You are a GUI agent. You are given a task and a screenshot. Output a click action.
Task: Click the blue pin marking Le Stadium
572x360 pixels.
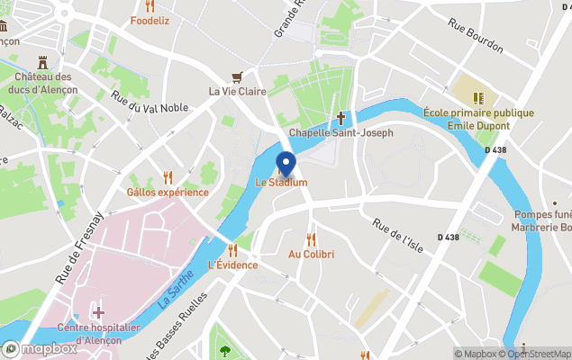click(286, 164)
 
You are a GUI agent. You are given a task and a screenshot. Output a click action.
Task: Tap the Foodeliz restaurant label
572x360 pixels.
click(150, 20)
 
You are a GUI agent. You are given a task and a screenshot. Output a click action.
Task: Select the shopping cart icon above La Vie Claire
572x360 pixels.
click(238, 76)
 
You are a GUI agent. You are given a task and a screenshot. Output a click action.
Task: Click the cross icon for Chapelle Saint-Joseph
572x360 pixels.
click(341, 118)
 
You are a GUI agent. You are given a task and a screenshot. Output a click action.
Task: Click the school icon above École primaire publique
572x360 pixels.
click(479, 97)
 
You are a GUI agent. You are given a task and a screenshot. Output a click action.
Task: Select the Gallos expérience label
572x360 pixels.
click(168, 192)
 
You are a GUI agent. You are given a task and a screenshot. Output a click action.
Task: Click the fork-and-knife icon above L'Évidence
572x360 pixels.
click(232, 249)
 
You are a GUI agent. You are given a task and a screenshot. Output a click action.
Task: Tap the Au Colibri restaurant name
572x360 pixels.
click(312, 254)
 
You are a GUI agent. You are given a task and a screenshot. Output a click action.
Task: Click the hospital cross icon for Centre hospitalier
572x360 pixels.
click(97, 311)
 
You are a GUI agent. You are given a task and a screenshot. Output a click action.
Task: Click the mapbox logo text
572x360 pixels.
click(45, 348)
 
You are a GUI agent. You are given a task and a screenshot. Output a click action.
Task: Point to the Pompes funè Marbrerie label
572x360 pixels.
click(543, 220)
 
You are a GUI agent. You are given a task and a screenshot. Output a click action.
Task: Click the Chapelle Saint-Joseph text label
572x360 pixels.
click(340, 132)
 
